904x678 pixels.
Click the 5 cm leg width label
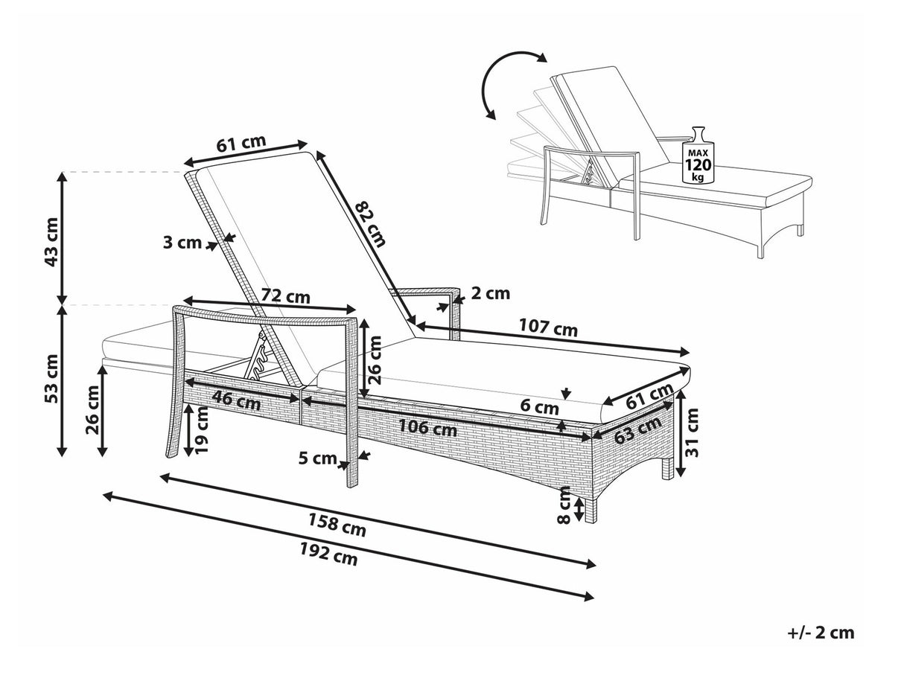click(x=318, y=458)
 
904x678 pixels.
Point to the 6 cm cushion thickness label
click(x=539, y=408)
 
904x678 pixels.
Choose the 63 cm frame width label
click(x=639, y=429)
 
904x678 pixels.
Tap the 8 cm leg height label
click(x=564, y=505)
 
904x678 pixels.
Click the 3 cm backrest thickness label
click(x=182, y=242)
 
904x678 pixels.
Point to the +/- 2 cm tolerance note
click(x=821, y=633)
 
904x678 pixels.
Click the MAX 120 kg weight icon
click(x=698, y=156)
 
